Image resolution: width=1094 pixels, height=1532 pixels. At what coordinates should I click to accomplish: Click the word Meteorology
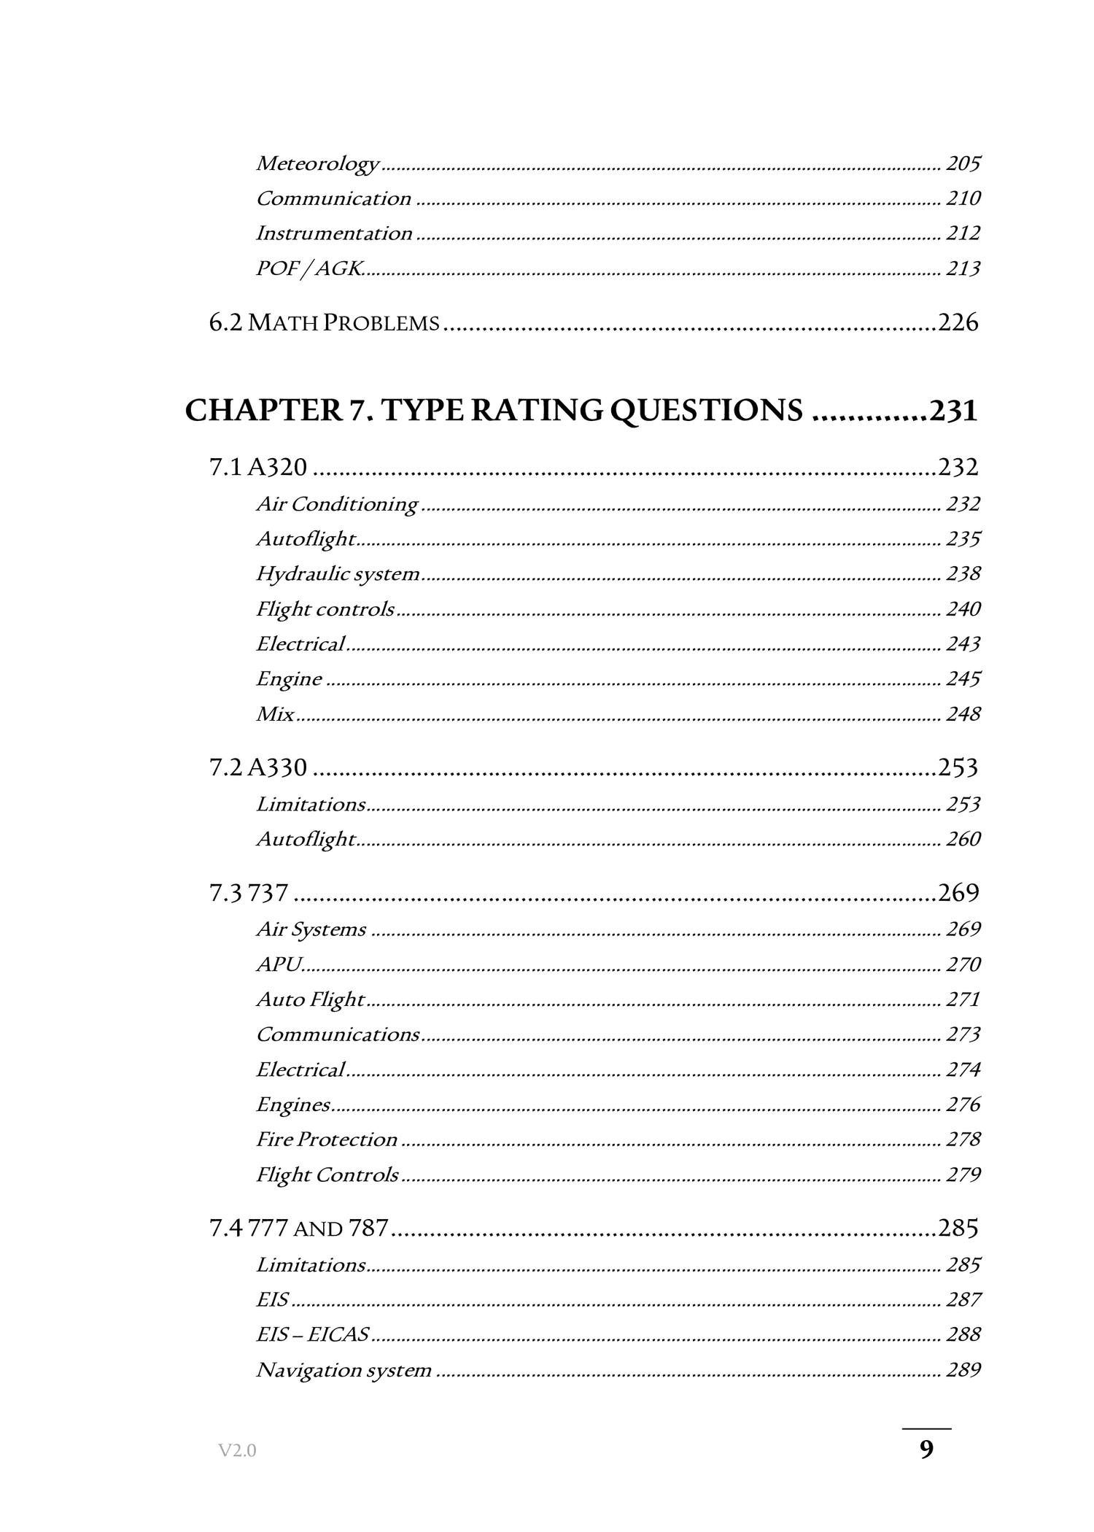pyautogui.click(x=317, y=163)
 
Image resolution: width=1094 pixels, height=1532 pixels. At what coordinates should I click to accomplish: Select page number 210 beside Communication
pyautogui.click(x=963, y=198)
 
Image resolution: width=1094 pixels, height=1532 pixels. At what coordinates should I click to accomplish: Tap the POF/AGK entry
pyautogui.click(x=309, y=268)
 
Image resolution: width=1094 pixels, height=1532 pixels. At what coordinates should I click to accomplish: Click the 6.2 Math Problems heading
pyautogui.click(x=325, y=322)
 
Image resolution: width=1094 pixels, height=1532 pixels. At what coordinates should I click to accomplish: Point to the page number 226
pyautogui.click(x=958, y=322)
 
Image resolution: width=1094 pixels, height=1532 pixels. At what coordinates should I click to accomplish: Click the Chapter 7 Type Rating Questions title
pyautogui.click(x=494, y=411)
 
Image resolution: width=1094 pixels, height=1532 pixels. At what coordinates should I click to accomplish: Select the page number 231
pyautogui.click(x=953, y=411)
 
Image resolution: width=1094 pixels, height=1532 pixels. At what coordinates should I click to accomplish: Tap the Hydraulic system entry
pyautogui.click(x=338, y=574)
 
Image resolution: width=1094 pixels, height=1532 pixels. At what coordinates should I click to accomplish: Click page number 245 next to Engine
pyautogui.click(x=963, y=679)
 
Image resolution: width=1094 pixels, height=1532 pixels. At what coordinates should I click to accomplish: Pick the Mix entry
pyautogui.click(x=275, y=714)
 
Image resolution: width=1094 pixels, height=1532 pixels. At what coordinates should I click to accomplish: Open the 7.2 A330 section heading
pyautogui.click(x=258, y=767)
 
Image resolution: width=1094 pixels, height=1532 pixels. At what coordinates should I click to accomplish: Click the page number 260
pyautogui.click(x=963, y=839)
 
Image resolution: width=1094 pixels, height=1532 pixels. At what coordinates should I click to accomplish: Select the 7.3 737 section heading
pyautogui.click(x=249, y=893)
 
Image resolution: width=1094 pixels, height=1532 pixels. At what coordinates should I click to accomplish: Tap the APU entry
pyautogui.click(x=279, y=964)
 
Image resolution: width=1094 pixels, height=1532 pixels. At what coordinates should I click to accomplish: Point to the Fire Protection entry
pyautogui.click(x=326, y=1140)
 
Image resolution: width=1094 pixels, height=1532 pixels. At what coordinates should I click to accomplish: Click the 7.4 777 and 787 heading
pyautogui.click(x=299, y=1229)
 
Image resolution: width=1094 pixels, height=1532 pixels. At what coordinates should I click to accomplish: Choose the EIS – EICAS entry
pyautogui.click(x=312, y=1334)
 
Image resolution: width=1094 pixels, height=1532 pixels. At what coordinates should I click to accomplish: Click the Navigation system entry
pyautogui.click(x=344, y=1370)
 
